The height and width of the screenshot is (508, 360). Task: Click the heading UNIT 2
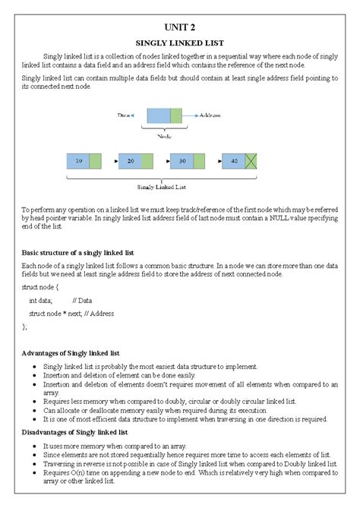point(180,26)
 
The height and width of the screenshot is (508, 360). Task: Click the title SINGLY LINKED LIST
point(180,43)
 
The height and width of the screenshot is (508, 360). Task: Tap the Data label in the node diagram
point(125,115)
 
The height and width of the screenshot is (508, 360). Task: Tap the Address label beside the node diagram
point(210,115)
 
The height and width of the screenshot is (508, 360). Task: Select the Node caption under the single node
point(164,136)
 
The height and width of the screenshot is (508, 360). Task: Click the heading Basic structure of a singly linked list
point(77,251)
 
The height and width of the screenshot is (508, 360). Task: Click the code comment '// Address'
point(99,313)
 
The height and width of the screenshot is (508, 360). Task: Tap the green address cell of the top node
point(176,115)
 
